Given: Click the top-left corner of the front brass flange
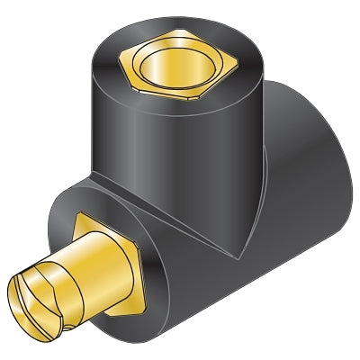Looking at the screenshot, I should (x=79, y=215).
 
